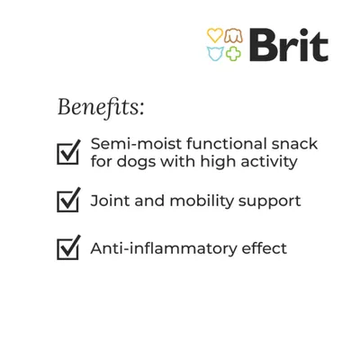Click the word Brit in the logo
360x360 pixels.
coord(288,45)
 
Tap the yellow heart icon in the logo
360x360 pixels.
coord(215,36)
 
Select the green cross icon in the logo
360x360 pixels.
coord(234,54)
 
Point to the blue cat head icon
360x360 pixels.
coord(215,54)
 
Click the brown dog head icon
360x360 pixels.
coord(234,36)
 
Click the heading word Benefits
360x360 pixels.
coord(100,107)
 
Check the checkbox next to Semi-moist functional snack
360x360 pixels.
coord(68,152)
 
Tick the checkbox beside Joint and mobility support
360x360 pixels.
coord(68,201)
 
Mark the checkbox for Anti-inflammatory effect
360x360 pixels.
coord(68,247)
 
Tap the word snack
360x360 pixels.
coord(297,144)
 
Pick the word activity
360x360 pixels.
coord(265,163)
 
